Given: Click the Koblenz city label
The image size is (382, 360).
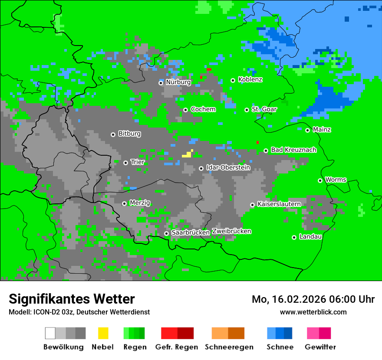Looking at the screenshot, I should coord(250,79).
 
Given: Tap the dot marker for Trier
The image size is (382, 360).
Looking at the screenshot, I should coord(125,163).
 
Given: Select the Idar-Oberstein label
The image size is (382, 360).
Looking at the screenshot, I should coord(228,167).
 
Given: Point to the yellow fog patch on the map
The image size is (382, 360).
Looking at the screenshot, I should coord(188,154).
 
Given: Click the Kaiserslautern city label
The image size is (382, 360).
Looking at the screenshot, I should coord(279,204).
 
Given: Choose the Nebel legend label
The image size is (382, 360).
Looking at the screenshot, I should coord(102,347).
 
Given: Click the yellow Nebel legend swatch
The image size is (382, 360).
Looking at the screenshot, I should coord(103,333).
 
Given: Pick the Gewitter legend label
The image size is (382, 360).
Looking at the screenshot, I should coord(320,347).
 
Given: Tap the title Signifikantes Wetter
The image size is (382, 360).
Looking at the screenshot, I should coord(72,299).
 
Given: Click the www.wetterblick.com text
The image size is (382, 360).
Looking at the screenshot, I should coord(313,312).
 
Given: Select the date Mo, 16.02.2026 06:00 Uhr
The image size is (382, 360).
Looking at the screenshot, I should coord(313,299).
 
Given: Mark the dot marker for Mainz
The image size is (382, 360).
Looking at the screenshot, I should coord(307,130).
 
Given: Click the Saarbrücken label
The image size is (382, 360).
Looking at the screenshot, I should coord(191,232).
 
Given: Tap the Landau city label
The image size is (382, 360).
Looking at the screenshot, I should coord(310,237).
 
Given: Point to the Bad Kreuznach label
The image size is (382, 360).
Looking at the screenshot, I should coord(293,150).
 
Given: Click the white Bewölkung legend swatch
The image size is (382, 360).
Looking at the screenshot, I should coord(50,333).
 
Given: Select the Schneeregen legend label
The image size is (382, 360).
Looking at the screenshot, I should coord(229,347).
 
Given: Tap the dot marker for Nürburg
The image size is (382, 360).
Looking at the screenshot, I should coord(161,82).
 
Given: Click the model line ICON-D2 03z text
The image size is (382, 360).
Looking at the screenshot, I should coord(79,312).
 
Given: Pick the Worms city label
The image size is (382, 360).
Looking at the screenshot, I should coord(335,180).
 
